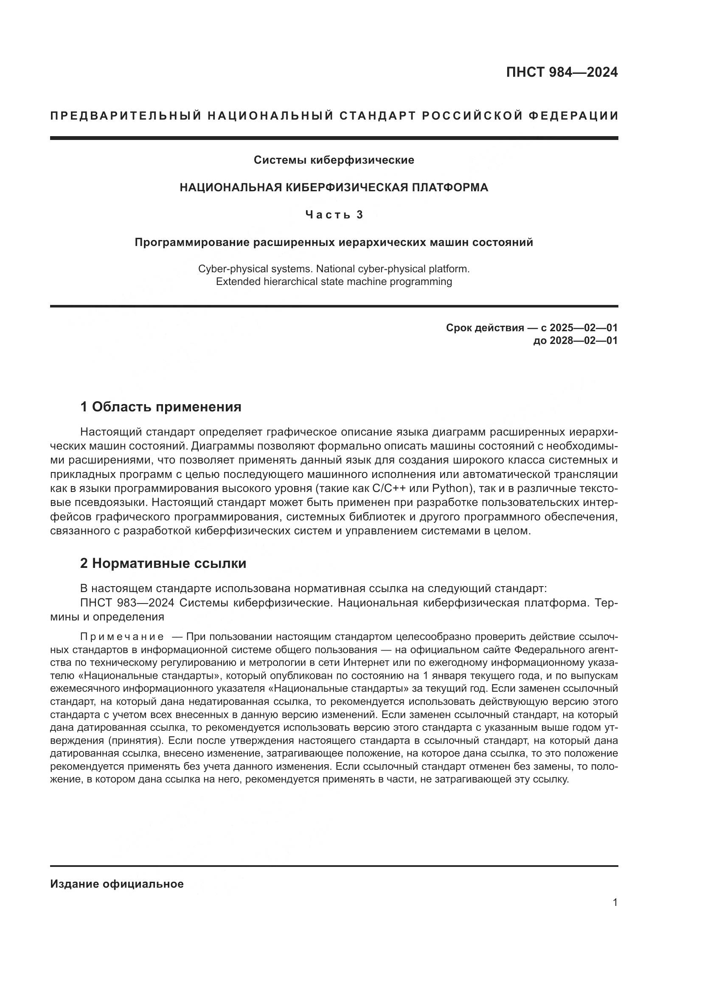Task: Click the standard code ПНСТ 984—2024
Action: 562,72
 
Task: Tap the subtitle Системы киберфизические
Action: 334,160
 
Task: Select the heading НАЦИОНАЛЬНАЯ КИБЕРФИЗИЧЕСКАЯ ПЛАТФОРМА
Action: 334,187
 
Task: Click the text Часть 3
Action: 334,215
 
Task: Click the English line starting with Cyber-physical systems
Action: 334,269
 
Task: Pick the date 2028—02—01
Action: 584,341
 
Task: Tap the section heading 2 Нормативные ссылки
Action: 163,563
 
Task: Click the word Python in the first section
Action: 450,489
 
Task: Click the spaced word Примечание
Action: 122,637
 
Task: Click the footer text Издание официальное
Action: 117,884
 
